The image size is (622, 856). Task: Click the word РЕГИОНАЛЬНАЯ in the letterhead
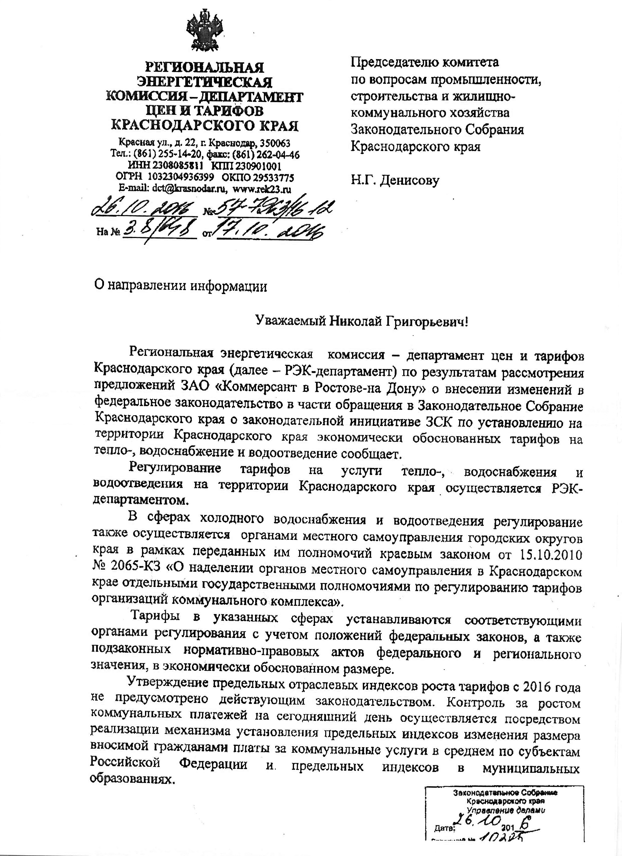click(x=205, y=67)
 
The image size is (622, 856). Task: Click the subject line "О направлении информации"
click(x=180, y=286)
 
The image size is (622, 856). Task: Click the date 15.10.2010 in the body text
click(x=551, y=554)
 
